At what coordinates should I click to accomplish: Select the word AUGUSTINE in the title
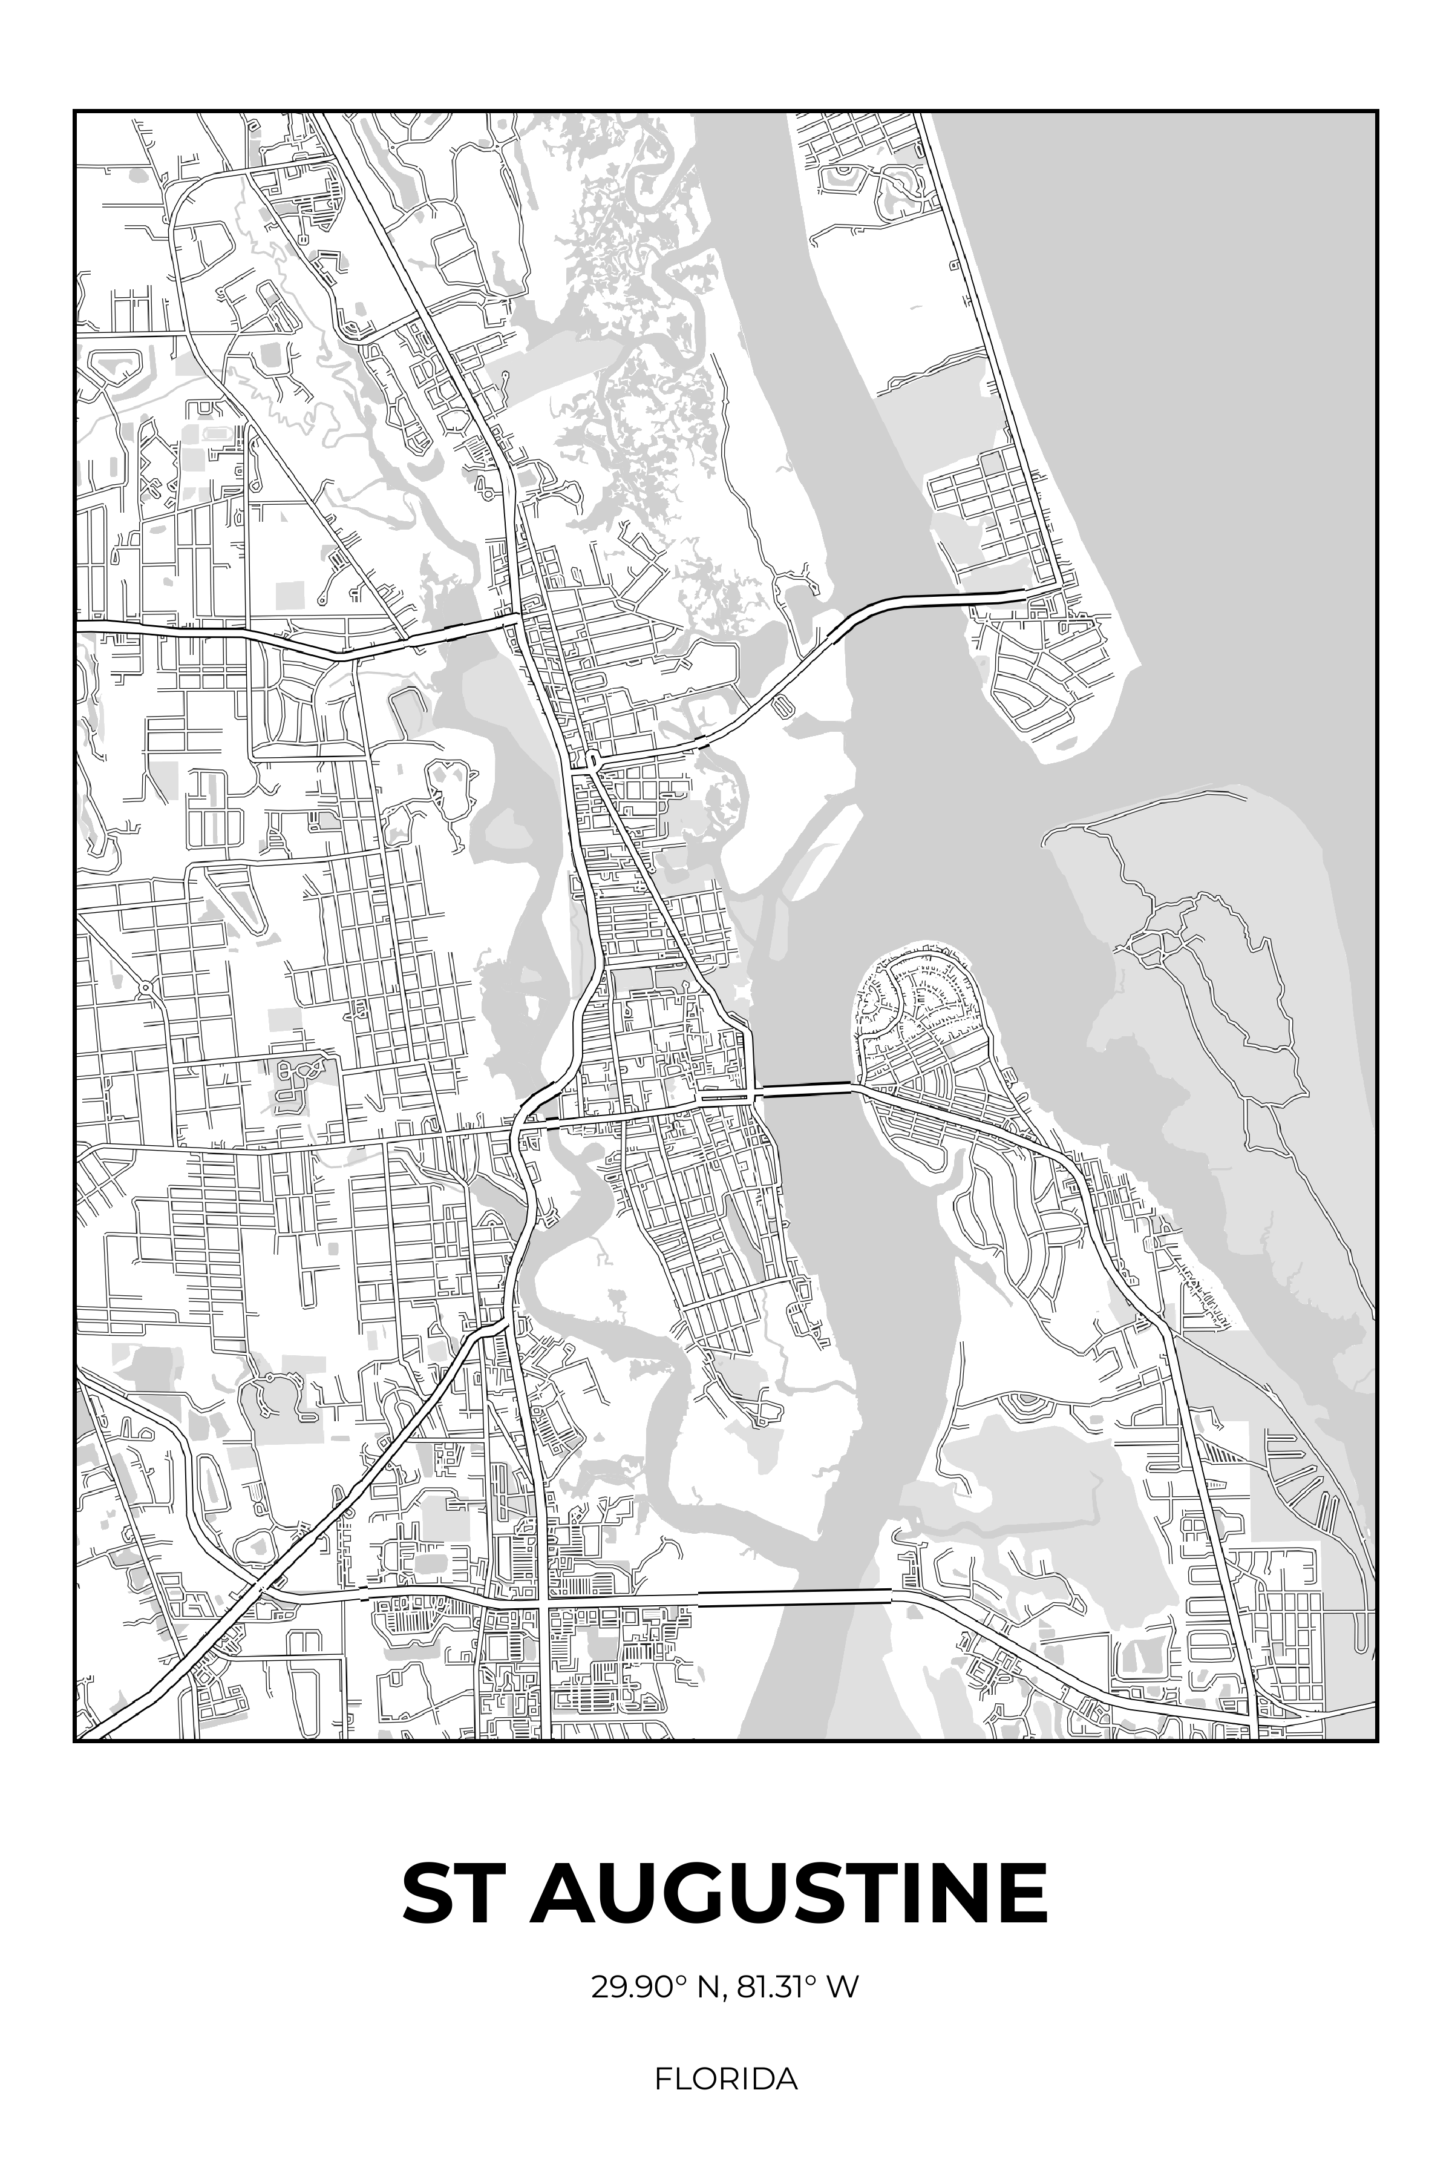(x=789, y=1895)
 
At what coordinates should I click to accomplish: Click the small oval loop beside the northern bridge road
(x=782, y=707)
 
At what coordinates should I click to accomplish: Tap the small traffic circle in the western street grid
(x=147, y=988)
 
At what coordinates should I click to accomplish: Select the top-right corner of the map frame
(x=1377, y=111)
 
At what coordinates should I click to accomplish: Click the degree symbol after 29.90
(x=679, y=1980)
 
